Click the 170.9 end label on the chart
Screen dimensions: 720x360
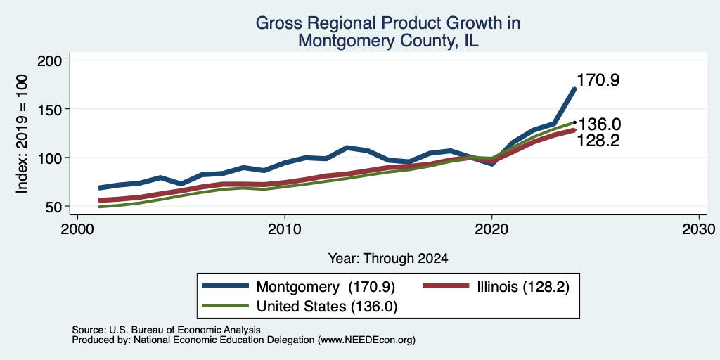point(598,80)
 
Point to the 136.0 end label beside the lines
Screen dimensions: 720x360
point(599,124)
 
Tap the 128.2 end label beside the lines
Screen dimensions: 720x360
point(598,141)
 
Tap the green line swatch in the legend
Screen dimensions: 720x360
point(226,305)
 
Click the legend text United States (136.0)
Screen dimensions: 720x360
point(326,307)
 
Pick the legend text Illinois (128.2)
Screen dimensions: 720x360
point(522,288)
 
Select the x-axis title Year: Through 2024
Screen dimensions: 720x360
point(388,259)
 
